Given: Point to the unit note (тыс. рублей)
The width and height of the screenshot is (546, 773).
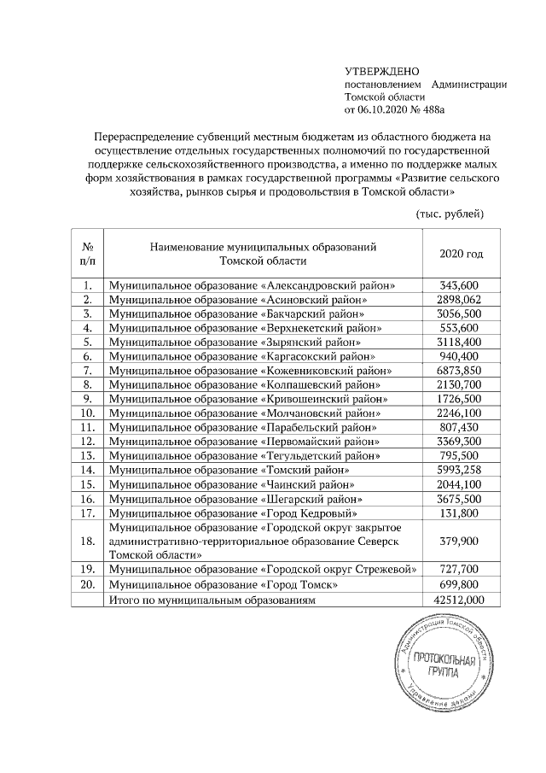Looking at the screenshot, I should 450,213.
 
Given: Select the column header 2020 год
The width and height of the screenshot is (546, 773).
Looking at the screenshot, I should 461,255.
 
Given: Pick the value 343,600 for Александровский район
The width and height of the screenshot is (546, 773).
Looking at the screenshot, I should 461,285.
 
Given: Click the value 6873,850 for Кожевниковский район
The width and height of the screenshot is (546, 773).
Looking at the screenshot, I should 461,370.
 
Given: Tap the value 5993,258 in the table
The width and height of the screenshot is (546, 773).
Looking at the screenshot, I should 461,469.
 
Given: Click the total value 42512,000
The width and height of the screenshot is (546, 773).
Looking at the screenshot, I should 461,600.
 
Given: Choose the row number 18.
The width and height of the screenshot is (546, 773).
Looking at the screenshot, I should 87,540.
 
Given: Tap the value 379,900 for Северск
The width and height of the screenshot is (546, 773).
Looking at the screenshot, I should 461,540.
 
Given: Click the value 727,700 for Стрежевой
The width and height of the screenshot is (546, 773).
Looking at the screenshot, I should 461,569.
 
